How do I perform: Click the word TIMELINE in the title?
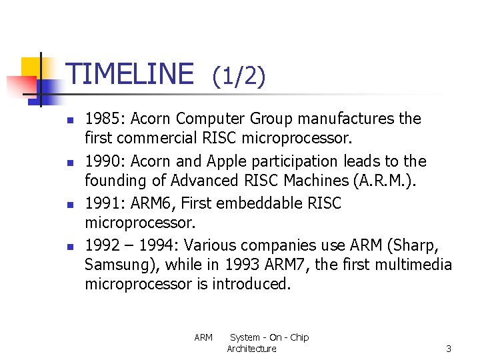click(131, 74)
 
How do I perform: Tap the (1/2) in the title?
click(239, 77)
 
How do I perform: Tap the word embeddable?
click(259, 203)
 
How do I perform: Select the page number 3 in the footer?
click(449, 349)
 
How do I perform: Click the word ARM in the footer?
click(203, 338)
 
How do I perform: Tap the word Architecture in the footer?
click(251, 349)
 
